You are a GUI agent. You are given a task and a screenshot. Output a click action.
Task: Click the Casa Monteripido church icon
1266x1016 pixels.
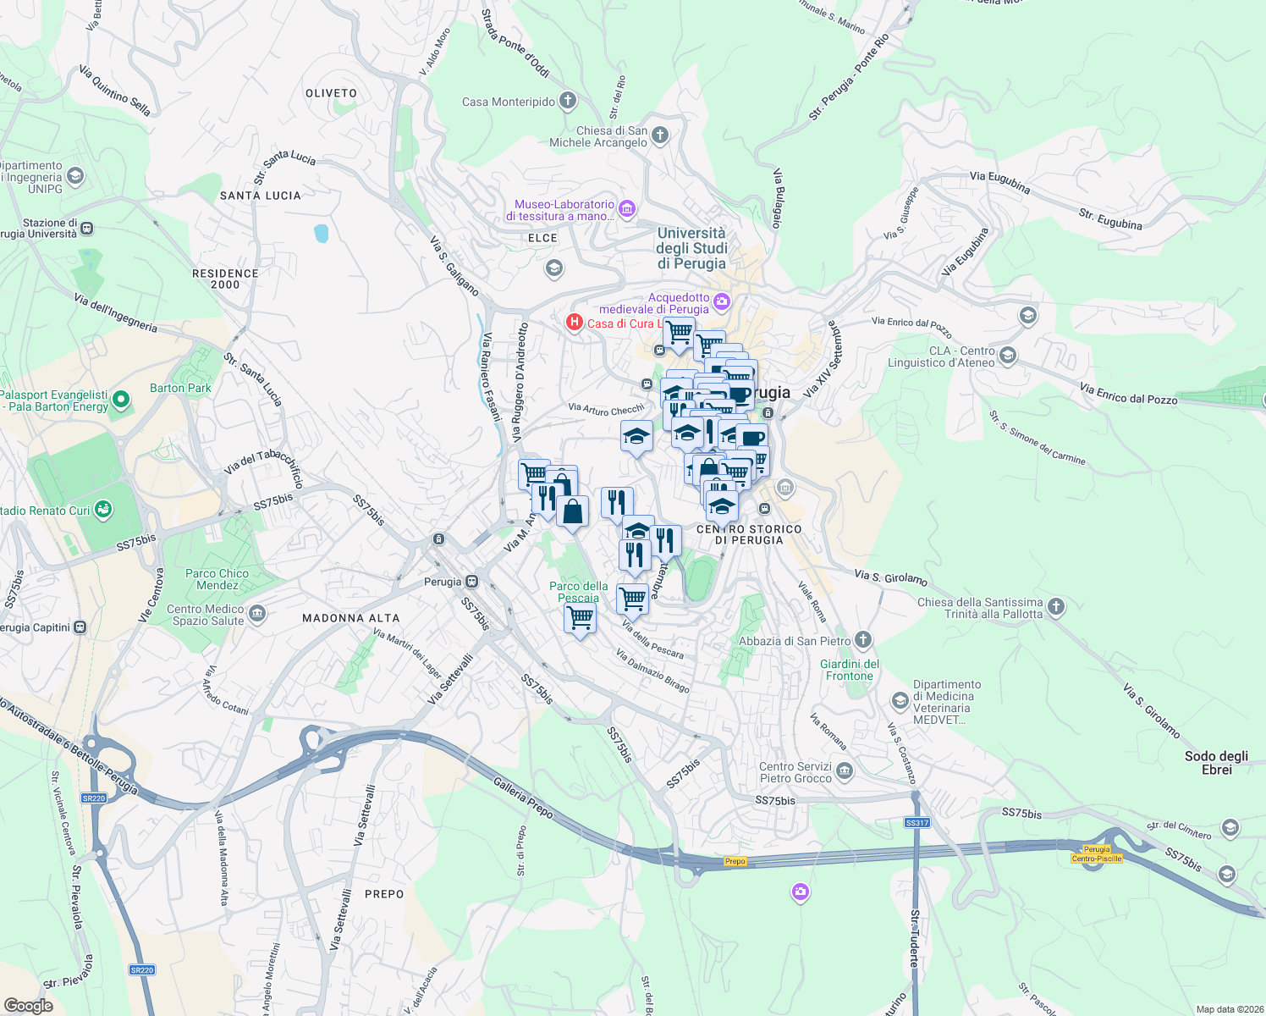click(x=568, y=101)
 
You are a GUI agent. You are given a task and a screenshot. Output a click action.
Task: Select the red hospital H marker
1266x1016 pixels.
click(x=575, y=322)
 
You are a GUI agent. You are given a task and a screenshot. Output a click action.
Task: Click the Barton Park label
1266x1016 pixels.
click(x=180, y=388)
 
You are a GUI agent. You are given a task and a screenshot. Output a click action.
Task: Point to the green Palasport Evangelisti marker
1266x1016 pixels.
click(x=121, y=399)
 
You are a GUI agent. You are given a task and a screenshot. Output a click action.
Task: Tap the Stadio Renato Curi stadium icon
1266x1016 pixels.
click(x=103, y=510)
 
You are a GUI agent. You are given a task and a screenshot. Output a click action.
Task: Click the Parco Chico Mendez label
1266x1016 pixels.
click(x=217, y=579)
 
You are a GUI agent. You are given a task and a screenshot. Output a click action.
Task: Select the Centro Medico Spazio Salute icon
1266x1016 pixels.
click(x=258, y=614)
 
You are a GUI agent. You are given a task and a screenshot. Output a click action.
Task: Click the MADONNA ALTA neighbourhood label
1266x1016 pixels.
click(x=350, y=618)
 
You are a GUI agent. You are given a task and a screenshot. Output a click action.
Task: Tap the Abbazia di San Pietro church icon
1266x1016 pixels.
click(x=862, y=639)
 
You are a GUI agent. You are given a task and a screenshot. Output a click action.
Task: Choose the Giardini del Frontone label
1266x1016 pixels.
click(x=850, y=670)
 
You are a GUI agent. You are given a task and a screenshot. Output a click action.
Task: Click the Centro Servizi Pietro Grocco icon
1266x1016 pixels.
click(x=845, y=770)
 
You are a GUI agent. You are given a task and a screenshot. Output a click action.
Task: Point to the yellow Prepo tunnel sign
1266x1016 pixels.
click(x=735, y=861)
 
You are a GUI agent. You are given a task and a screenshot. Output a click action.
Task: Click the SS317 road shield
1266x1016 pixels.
click(x=916, y=822)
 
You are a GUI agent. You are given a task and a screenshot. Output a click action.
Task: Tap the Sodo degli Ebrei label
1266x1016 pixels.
click(x=1216, y=762)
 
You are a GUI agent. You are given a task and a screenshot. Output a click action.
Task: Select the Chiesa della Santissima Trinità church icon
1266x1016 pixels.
click(x=1055, y=606)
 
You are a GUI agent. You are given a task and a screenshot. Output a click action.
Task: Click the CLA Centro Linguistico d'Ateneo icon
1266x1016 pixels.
click(x=1007, y=354)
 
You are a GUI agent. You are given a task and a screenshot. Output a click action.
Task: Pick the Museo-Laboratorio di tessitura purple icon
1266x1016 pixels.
click(x=627, y=208)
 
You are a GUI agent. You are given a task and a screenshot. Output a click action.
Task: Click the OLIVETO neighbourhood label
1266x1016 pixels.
click(x=331, y=93)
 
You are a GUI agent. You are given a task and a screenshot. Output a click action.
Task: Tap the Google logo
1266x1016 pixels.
click(x=29, y=1005)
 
